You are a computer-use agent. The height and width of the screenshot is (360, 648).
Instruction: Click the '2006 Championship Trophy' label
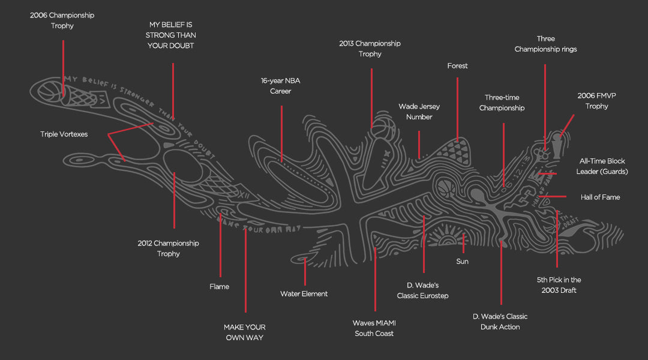pos(62,20)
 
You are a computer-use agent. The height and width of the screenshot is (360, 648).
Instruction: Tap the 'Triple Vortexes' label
pos(64,134)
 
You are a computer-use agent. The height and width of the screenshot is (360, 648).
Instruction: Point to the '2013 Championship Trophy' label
pos(370,49)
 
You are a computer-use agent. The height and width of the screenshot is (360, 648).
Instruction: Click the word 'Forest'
pos(457,66)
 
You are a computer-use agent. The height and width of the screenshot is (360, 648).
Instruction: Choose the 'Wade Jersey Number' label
pos(419,112)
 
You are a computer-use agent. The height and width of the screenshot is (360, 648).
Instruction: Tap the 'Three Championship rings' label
pos(545,44)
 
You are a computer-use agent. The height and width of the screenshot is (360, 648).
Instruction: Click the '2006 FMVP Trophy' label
pos(593,101)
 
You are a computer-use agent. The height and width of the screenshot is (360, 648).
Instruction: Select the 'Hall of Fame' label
pos(600,197)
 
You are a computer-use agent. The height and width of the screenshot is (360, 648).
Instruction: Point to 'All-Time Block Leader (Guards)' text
pos(602,166)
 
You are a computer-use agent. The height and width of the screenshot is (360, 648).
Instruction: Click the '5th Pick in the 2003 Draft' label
pos(559,285)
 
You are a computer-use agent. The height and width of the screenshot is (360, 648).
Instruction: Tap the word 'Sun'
pos(462,262)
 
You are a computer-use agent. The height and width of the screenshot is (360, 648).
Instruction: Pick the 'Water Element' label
pos(304,294)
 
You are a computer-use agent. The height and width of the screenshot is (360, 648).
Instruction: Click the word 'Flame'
pos(219,287)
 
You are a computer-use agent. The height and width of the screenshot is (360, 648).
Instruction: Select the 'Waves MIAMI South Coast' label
pos(374,328)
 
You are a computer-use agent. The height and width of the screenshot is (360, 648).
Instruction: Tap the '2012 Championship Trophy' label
pos(168,248)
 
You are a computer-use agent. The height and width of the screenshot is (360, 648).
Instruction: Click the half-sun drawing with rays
pos(447,238)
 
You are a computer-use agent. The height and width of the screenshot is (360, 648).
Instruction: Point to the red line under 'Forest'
pos(457,108)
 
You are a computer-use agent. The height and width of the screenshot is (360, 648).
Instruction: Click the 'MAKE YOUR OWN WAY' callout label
pos(244,332)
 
